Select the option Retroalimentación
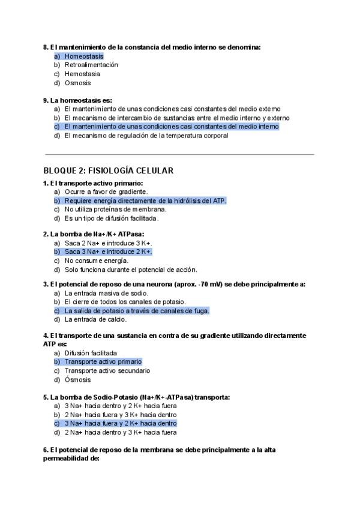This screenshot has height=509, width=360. (x=91, y=65)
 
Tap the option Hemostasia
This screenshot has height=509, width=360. (x=82, y=74)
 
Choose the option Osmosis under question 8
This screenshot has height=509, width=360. (x=78, y=83)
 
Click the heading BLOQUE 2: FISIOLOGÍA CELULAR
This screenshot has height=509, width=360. (x=108, y=171)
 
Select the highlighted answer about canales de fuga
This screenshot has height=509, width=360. (x=137, y=311)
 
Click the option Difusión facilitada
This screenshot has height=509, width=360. (x=91, y=353)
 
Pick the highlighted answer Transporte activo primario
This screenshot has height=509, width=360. (x=103, y=362)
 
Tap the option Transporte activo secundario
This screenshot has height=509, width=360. (x=107, y=371)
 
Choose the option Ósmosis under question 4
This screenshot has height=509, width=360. (x=78, y=380)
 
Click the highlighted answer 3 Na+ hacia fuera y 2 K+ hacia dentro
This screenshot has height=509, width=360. (x=120, y=423)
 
